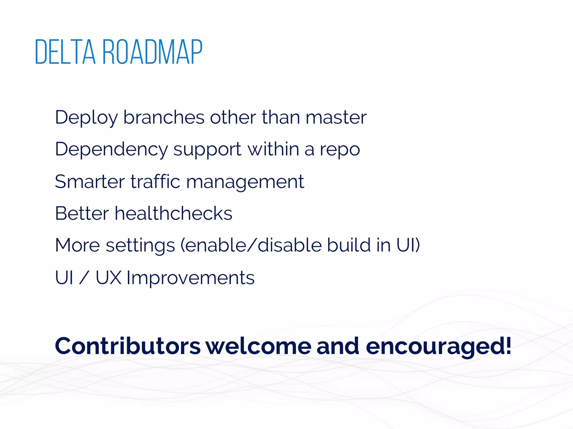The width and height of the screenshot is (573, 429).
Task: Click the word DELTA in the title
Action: (x=65, y=52)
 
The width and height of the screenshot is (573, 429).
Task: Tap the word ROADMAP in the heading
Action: (x=152, y=52)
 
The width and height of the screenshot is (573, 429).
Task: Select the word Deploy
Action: (x=86, y=117)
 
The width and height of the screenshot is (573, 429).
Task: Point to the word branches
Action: (x=164, y=117)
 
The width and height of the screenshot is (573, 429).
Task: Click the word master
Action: (x=336, y=117)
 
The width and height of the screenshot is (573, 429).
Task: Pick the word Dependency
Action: (x=111, y=149)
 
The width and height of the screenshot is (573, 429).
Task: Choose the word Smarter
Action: (x=90, y=182)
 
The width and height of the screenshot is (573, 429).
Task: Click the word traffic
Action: (x=155, y=182)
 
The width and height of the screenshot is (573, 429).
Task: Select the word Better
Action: (x=82, y=213)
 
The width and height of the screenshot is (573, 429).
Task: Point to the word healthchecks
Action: (x=173, y=213)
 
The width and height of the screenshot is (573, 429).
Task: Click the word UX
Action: (x=109, y=278)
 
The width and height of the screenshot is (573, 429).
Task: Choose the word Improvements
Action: (x=191, y=278)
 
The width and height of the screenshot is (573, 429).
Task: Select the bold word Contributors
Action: (x=128, y=346)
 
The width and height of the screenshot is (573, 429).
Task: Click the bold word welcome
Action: (x=259, y=346)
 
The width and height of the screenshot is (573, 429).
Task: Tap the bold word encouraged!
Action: (x=438, y=347)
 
